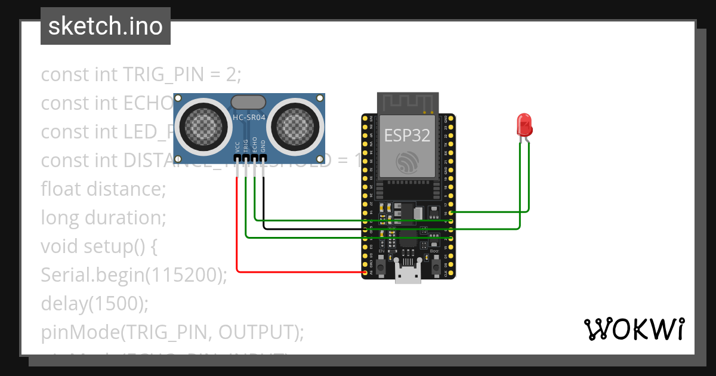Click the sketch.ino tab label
[106, 26]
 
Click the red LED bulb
[524, 124]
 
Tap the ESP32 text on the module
[407, 135]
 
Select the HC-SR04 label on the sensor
[249, 118]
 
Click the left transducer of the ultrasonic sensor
[203, 125]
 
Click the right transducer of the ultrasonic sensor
[296, 125]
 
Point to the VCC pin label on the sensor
[237, 147]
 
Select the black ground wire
[310, 229]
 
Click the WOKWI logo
[634, 329]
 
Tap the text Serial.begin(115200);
[134, 275]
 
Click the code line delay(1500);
[94, 304]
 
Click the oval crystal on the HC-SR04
[249, 103]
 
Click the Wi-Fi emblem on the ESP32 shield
[408, 162]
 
